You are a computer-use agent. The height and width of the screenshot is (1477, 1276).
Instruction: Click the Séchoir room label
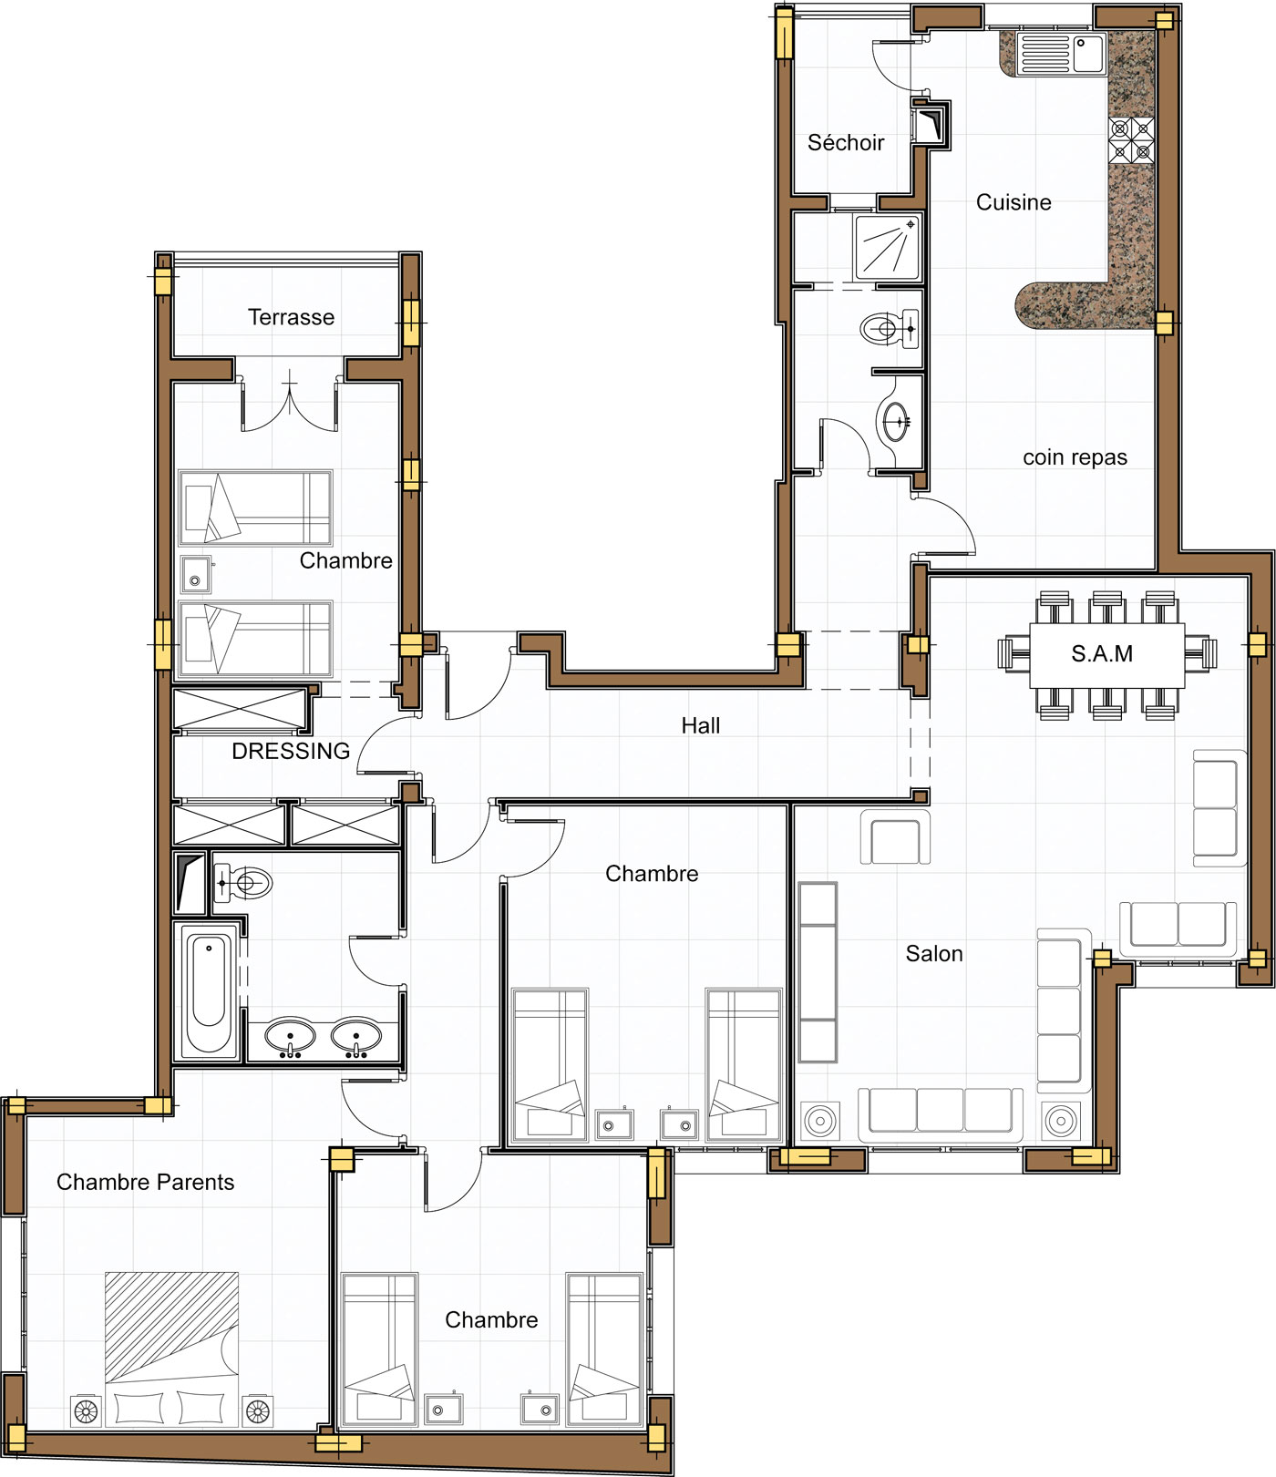pyautogui.click(x=846, y=143)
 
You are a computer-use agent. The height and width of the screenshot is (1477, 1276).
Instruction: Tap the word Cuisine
pyautogui.click(x=1014, y=202)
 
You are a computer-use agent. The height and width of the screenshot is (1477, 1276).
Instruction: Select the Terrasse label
pyautogui.click(x=291, y=317)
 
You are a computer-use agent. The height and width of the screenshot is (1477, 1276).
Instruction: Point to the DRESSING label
pyautogui.click(x=291, y=751)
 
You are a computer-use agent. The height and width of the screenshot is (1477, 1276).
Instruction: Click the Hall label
pyautogui.click(x=701, y=726)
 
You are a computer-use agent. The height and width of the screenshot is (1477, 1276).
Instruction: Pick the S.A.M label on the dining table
pyautogui.click(x=1102, y=654)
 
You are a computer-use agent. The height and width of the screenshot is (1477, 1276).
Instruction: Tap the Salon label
pyautogui.click(x=934, y=954)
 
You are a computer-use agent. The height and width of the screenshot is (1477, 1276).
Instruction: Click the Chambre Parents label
pyautogui.click(x=145, y=1183)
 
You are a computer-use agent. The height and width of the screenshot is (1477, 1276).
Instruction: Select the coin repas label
pyautogui.click(x=1075, y=457)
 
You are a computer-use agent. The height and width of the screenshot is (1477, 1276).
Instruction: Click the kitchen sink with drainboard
pyautogui.click(x=1061, y=54)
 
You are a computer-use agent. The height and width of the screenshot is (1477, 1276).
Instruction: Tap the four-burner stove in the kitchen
pyautogui.click(x=1131, y=139)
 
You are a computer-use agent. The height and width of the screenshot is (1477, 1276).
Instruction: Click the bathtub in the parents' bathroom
pyautogui.click(x=208, y=990)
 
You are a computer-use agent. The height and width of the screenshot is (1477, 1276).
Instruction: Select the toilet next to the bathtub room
pyautogui.click(x=243, y=883)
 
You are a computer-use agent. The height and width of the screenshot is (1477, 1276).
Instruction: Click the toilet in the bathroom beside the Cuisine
pyautogui.click(x=890, y=329)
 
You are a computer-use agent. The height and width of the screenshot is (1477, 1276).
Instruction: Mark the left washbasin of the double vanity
pyautogui.click(x=290, y=1038)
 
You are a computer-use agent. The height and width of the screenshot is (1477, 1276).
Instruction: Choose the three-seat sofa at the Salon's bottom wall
pyautogui.click(x=941, y=1113)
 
